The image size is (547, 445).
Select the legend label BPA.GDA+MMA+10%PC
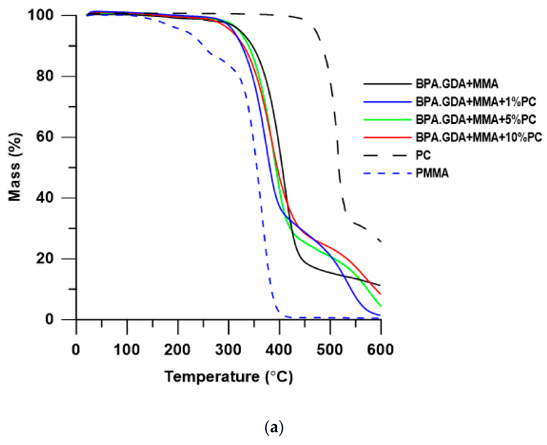pos(478,137)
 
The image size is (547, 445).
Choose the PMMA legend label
pos(432,173)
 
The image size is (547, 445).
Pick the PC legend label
pos(423,155)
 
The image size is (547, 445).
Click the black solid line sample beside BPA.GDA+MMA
pos(387,84)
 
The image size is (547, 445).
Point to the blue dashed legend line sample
pos(387,173)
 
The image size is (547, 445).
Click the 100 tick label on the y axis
pos(41,15)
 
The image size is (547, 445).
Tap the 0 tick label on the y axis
pos(49,319)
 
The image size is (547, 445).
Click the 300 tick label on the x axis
pos(228,350)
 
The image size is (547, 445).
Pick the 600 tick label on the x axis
pos(380,350)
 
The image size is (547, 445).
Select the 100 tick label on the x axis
pos(127,350)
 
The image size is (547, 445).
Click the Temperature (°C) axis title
pos(228,377)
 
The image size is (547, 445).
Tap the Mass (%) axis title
pos(15,167)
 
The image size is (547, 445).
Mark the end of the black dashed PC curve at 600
pos(380,241)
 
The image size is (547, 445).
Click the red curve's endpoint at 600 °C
pos(380,294)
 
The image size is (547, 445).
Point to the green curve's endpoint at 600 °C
pos(380,305)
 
